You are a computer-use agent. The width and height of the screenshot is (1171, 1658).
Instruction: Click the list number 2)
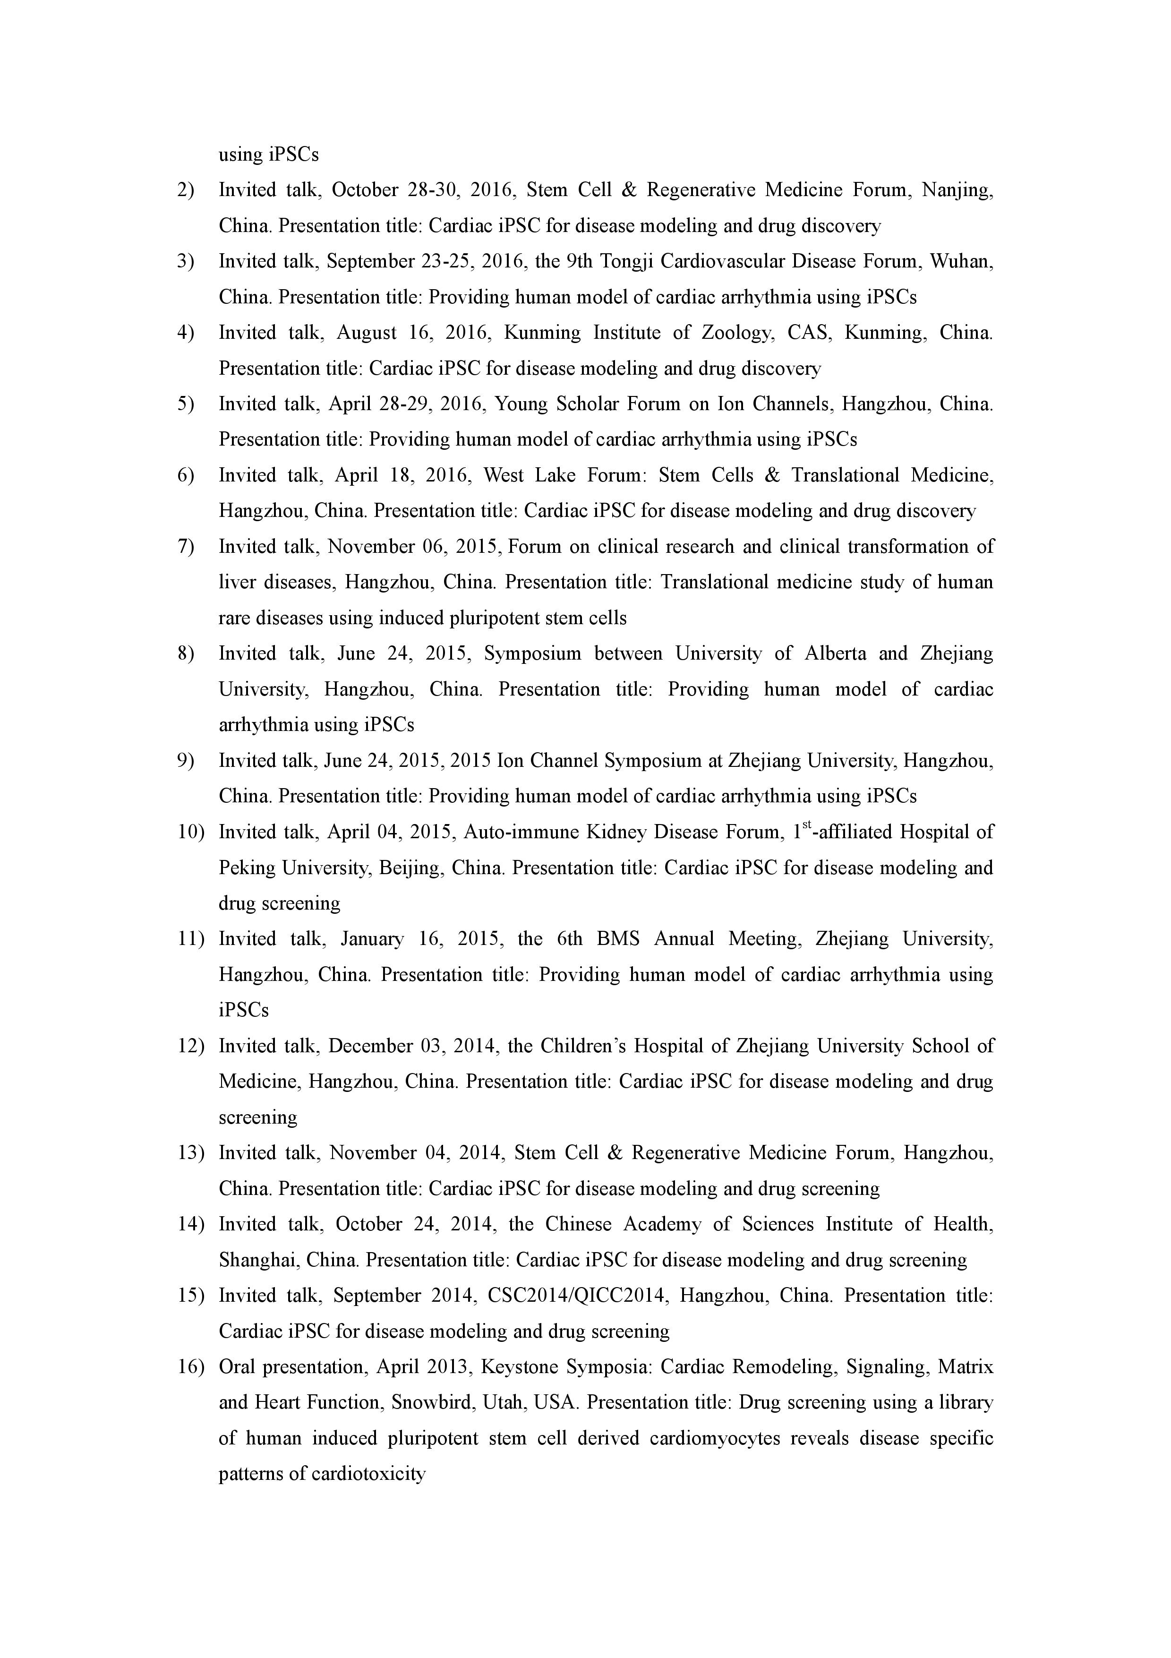(x=186, y=190)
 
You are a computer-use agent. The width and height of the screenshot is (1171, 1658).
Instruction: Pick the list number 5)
(x=186, y=404)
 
